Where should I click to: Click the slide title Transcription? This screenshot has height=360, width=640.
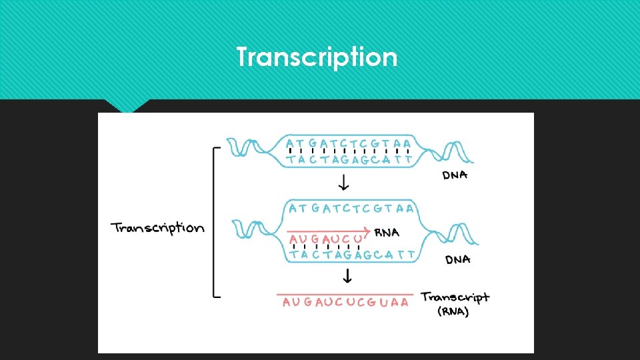click(317, 57)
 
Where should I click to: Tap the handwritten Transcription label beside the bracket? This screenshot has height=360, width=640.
click(157, 228)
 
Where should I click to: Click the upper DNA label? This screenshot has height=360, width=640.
click(455, 175)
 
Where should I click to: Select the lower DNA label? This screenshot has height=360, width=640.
click(457, 259)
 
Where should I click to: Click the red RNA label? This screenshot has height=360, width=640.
click(387, 233)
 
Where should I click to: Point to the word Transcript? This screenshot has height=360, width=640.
click(455, 297)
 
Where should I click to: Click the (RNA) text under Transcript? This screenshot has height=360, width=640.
click(453, 312)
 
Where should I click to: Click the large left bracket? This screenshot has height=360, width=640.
click(215, 222)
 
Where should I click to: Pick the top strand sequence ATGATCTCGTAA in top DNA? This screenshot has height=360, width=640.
click(348, 143)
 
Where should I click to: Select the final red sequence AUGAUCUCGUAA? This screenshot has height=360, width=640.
click(345, 303)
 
